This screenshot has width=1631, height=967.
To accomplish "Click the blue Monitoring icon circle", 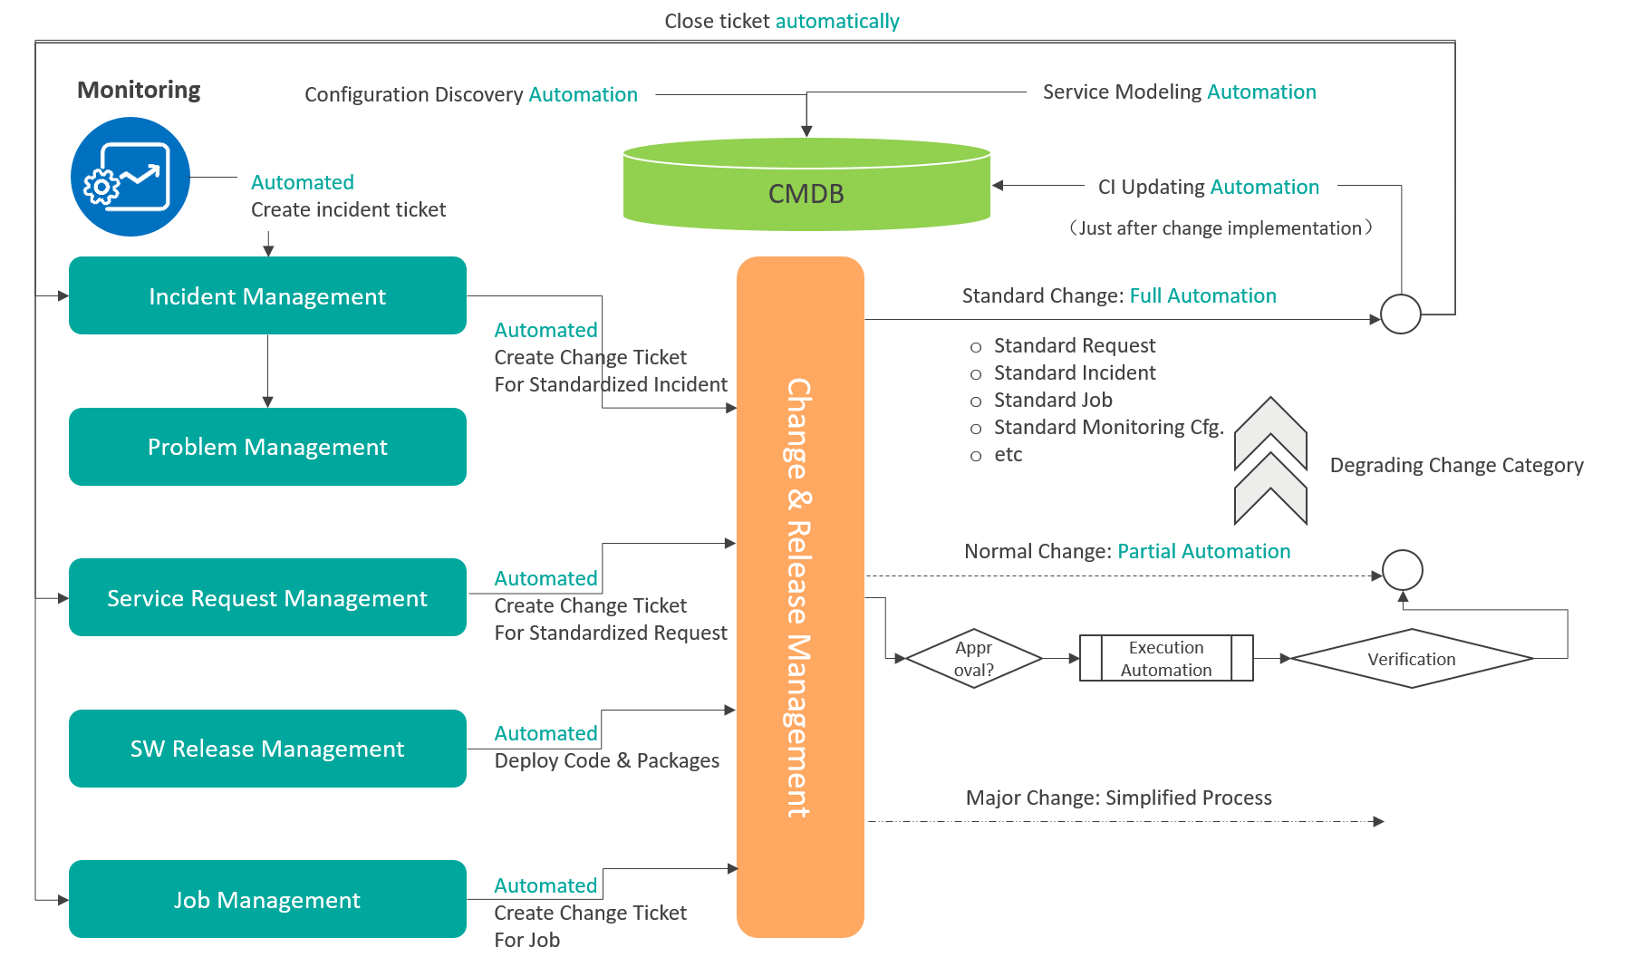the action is pos(130,177).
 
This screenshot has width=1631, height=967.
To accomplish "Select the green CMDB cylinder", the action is pos(806,184).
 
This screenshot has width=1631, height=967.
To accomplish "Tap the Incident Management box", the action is pos(267,295).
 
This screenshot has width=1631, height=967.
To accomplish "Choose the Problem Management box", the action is pos(267,447).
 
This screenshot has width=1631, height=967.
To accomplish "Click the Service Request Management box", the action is pos(267,597).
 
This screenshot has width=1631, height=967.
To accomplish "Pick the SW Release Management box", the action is pos(267,749).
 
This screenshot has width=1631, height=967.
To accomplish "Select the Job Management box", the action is pos(267,899).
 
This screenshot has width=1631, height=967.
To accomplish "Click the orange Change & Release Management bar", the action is pos(800,597).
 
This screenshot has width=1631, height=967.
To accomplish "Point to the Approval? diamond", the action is pos(974,659).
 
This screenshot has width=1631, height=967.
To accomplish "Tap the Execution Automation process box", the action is pos(1166,658).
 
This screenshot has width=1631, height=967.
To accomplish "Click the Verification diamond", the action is pos(1412,659).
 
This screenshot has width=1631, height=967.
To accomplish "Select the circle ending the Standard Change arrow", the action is pos(1401,314).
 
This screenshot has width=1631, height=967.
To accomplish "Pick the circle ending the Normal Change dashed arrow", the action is pos(1403,570).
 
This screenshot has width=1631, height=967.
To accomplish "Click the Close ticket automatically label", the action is pos(782,21).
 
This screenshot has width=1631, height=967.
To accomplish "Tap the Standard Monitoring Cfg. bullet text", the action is pos(1109,427).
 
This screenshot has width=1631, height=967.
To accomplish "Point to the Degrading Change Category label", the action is pos(1457,465).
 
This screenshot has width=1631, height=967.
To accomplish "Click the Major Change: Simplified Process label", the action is pos(1119,798).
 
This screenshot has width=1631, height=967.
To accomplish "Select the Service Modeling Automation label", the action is pos(1180,92).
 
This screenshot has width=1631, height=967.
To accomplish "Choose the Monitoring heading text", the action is pos(139,90).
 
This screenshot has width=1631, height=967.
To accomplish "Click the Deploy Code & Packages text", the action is pos(607,760).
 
